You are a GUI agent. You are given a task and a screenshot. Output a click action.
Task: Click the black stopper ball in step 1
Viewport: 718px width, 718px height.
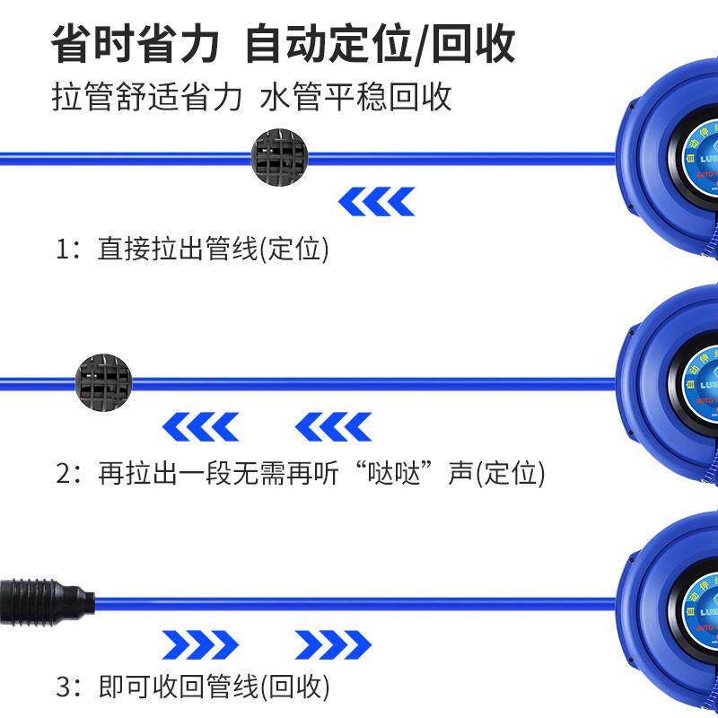[280, 158]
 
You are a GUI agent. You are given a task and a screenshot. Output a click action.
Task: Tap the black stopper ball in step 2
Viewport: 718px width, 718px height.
[105, 382]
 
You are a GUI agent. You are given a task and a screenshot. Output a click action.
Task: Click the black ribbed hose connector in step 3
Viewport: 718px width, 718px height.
[45, 600]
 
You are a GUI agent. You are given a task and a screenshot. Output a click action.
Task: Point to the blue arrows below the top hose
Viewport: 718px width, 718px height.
[377, 202]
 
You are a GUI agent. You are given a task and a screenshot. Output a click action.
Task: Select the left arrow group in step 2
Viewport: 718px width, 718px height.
[201, 427]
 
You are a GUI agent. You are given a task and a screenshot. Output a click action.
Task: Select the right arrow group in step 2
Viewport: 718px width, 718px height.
[333, 427]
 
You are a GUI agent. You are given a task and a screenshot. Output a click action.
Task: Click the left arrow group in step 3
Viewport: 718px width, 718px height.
[201, 644]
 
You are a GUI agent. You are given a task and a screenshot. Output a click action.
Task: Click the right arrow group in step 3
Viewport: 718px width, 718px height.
[333, 644]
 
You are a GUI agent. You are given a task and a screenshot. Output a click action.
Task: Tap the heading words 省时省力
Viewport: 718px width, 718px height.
[136, 43]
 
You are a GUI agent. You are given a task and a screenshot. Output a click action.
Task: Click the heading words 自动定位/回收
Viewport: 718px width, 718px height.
[381, 43]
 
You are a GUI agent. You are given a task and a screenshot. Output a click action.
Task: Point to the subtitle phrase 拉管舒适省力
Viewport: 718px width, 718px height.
[147, 97]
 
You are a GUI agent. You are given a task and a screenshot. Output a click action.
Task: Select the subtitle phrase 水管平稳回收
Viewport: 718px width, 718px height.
[355, 97]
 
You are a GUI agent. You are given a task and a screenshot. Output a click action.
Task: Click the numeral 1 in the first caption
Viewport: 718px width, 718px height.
[64, 249]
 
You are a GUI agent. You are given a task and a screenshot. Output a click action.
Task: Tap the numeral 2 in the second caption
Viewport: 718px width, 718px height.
[64, 472]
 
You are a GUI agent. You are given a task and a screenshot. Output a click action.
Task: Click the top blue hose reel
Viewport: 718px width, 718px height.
[673, 162]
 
